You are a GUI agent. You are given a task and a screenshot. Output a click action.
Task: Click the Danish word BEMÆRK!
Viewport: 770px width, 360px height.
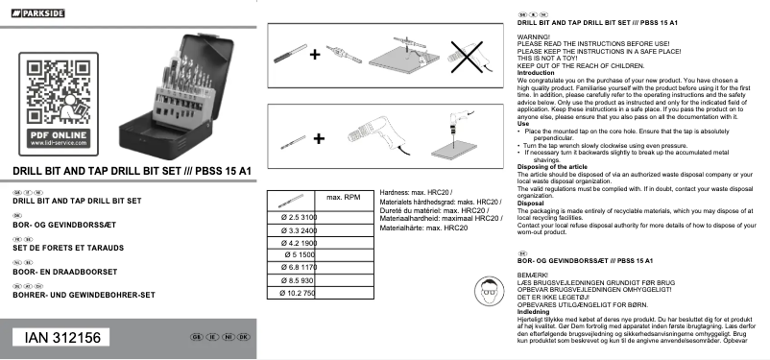pos(533,276)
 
